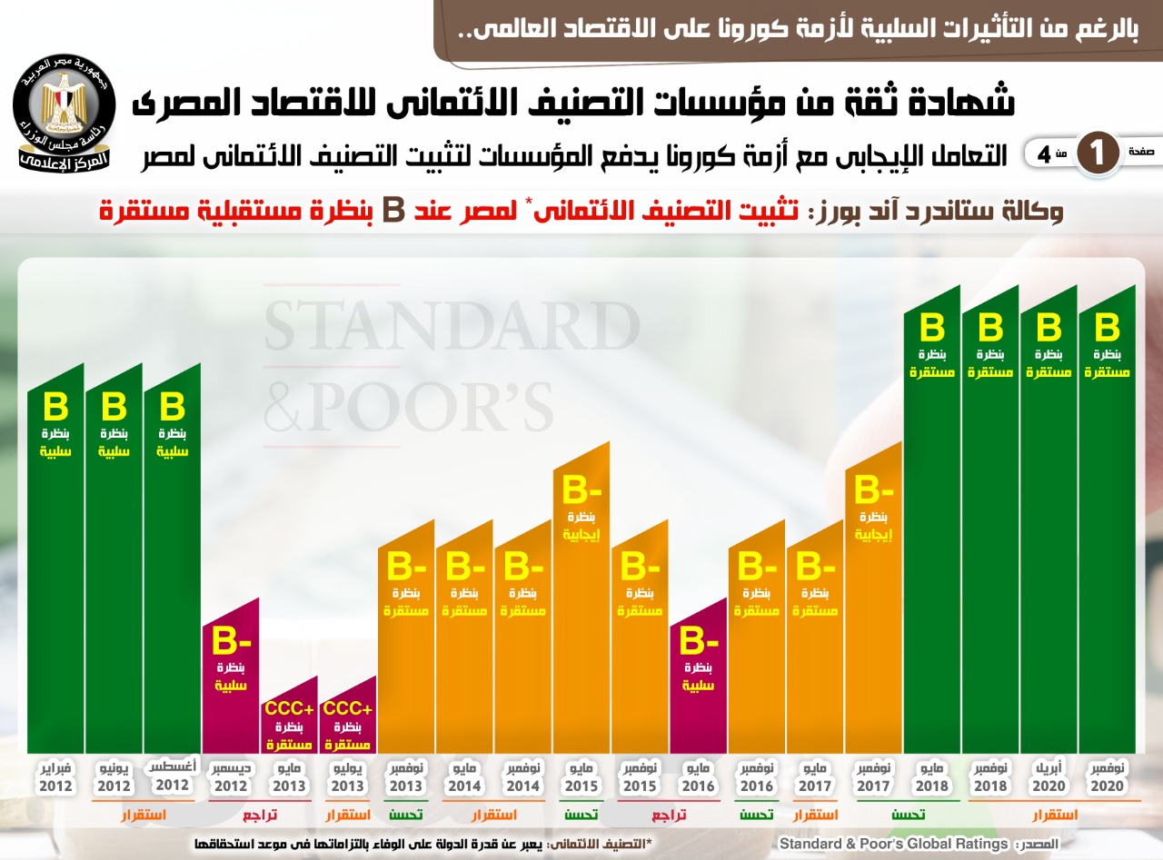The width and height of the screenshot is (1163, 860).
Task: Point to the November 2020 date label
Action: click(x=1108, y=777)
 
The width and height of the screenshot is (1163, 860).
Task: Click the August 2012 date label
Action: click(x=173, y=777)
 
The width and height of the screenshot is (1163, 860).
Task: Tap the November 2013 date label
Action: click(x=406, y=777)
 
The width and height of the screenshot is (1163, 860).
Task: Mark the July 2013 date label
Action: click(x=348, y=777)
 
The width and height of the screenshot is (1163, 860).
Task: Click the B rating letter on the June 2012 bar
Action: click(x=114, y=406)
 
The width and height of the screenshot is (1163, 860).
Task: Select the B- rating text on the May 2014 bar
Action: click(x=464, y=568)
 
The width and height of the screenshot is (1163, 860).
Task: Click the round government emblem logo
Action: click(x=64, y=115)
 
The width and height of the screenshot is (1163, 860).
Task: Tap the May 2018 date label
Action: click(x=932, y=777)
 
